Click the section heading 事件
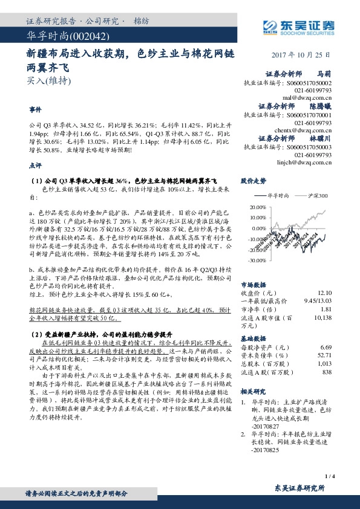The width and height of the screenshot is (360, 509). pyautogui.click(x=36, y=111)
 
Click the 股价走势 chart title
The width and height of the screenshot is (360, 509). pyautogui.click(x=254, y=181)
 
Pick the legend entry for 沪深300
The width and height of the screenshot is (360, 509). pyautogui.click(x=312, y=196)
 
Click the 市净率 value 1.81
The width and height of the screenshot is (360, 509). pyautogui.click(x=327, y=308)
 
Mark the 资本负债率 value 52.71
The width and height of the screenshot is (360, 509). pyautogui.click(x=326, y=356)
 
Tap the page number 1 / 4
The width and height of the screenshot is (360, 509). pyautogui.click(x=329, y=476)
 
